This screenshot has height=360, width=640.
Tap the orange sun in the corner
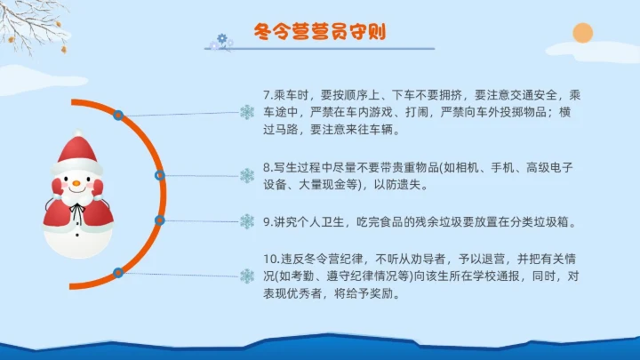click(x=582, y=34)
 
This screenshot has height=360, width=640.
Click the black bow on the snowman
click(x=78, y=212)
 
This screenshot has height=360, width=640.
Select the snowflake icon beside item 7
click(x=247, y=112)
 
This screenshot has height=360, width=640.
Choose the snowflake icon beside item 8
click(x=247, y=176)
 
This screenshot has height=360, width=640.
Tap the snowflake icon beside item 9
click(x=247, y=221)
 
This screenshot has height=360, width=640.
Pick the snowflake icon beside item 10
click(x=247, y=275)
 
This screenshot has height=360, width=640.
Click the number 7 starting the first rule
click(x=267, y=95)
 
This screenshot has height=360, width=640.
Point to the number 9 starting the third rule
click(x=267, y=221)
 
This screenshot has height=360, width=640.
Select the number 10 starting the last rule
click(x=270, y=258)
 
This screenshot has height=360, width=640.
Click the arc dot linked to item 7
click(x=118, y=115)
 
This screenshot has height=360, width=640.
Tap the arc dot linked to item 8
click(x=159, y=175)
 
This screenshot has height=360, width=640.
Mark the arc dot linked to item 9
click(x=160, y=220)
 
